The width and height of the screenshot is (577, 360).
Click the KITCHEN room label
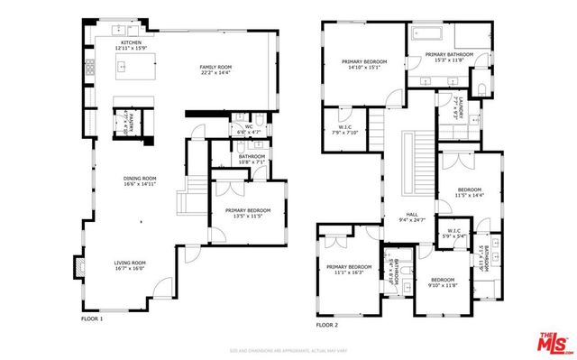pyautogui.click(x=132, y=42)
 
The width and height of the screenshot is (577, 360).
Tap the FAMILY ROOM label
pyautogui.click(x=216, y=67)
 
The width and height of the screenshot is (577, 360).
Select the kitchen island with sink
pyautogui.click(x=132, y=65)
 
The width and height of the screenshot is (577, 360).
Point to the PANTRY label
pyautogui.click(x=129, y=122)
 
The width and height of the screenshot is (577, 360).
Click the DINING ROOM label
pyautogui.click(x=140, y=179)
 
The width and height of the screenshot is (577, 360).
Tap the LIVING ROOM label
pyautogui.click(x=130, y=263)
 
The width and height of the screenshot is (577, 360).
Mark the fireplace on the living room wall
pyautogui.click(x=79, y=267)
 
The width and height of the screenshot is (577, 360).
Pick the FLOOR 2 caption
pyautogui.click(x=326, y=324)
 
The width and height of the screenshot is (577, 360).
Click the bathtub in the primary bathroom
pyautogui.click(x=430, y=35)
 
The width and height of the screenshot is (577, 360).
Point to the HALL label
pyautogui.click(x=412, y=214)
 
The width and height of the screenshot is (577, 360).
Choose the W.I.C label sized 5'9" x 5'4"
pyautogui.click(x=454, y=235)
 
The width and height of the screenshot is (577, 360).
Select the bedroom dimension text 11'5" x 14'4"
pyautogui.click(x=470, y=195)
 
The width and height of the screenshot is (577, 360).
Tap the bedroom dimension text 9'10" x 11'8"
pyautogui.click(x=443, y=285)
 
